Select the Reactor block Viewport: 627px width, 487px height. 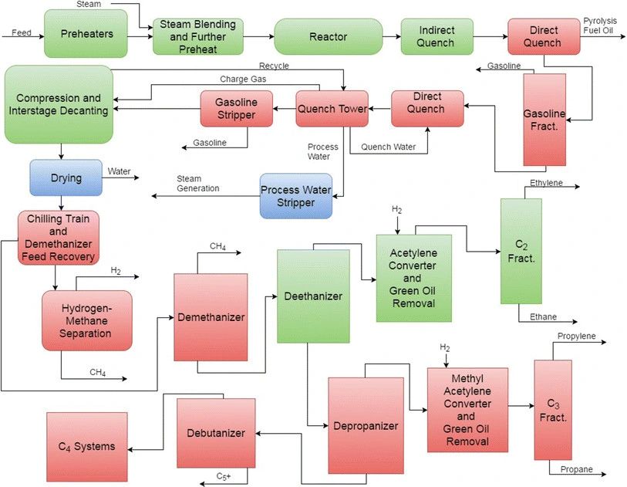point(328,36)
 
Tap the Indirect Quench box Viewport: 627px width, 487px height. point(436,36)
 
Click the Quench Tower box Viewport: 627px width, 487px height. point(332,109)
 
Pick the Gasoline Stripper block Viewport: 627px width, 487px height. point(237,109)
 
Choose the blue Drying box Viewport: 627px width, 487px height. point(66,178)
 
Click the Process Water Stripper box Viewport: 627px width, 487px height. point(297,196)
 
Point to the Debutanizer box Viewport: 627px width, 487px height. point(216,432)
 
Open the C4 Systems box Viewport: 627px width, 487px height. point(86,446)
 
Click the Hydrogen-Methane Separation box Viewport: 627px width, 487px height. point(86,320)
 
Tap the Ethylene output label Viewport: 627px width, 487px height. point(546,183)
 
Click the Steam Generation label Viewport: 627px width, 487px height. point(198,183)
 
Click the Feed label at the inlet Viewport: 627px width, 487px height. point(22,33)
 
